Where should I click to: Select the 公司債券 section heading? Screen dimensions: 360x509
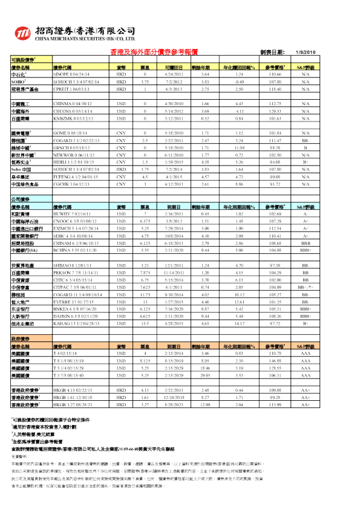pos(19,198)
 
